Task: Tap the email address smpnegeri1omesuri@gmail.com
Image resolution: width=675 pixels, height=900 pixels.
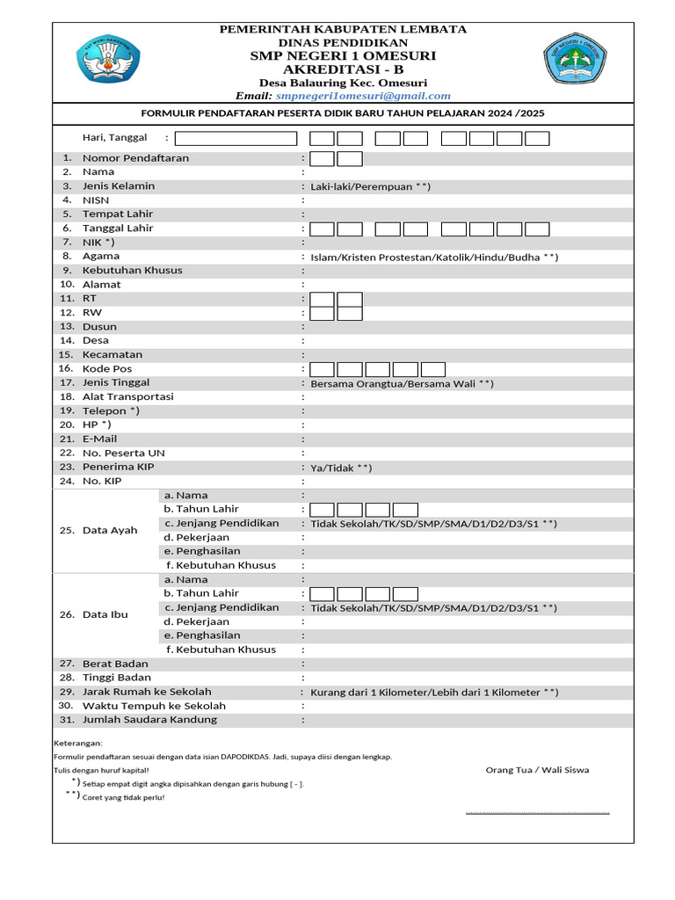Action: coord(362,96)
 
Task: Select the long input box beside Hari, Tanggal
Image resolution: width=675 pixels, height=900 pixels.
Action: coord(236,138)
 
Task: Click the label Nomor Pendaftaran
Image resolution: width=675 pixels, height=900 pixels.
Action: coord(135,158)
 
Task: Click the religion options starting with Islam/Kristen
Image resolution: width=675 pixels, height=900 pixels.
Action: coord(434,257)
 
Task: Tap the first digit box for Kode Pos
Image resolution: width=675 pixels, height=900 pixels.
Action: coord(323,369)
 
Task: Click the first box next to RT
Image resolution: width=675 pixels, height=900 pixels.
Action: coord(323,300)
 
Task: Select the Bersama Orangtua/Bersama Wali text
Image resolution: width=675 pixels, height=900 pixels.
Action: coord(402,383)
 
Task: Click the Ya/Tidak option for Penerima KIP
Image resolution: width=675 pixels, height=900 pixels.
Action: coord(341,468)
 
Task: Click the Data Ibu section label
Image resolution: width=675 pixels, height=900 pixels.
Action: coord(105,614)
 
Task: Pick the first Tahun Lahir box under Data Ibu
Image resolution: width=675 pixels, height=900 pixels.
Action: coord(323,593)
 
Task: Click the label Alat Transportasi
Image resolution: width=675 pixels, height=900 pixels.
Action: coord(128,396)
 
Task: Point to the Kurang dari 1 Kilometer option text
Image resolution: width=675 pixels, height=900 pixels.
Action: coord(434,692)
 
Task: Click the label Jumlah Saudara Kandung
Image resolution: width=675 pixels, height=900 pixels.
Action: coord(149,720)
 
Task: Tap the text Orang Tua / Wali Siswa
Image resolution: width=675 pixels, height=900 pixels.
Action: coord(537,770)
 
